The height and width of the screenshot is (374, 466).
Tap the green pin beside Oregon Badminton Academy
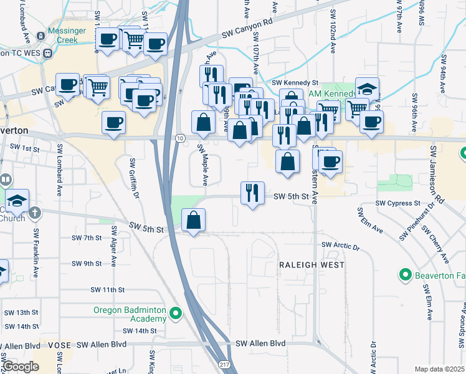coord(176,314)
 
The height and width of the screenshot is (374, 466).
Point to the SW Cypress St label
coord(397,203)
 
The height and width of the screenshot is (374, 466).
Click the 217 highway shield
coord(224,363)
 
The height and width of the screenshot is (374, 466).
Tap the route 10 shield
coord(180,138)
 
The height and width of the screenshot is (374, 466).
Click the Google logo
coord(21,366)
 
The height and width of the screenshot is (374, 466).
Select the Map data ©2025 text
coord(440,369)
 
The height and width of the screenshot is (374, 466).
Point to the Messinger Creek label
coord(62,36)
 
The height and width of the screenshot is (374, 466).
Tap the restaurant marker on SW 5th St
coord(252,193)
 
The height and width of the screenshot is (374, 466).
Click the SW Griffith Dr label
coord(133,177)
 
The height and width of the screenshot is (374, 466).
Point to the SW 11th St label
coord(108,290)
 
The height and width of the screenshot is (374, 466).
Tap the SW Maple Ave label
coord(202,165)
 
